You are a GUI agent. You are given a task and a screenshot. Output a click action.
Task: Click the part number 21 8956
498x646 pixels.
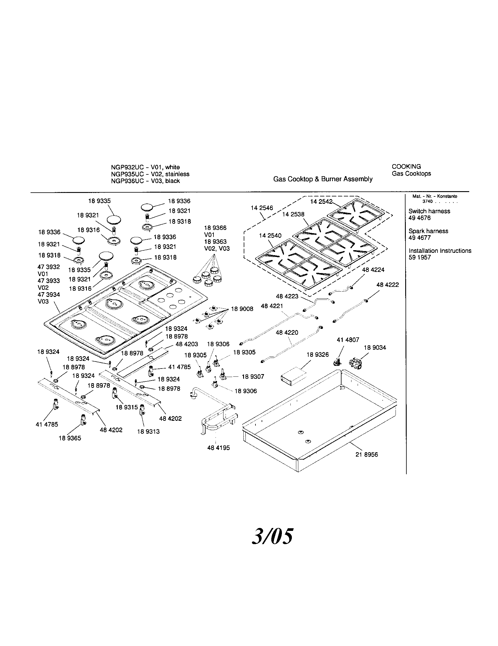[x=366, y=454]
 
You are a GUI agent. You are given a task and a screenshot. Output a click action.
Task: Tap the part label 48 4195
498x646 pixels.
[x=218, y=448]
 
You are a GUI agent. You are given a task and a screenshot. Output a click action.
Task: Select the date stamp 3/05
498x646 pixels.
[x=273, y=536]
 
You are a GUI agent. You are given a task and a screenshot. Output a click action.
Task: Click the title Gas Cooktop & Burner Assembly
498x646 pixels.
[x=323, y=179]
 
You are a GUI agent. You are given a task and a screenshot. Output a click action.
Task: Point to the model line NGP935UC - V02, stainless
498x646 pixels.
[x=150, y=174]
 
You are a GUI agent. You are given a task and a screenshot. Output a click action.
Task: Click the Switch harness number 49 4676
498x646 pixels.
[x=420, y=218]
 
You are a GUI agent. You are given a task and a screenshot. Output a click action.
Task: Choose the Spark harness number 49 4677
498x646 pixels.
[x=420, y=238]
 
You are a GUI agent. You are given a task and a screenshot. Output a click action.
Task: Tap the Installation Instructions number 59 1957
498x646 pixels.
[x=420, y=257]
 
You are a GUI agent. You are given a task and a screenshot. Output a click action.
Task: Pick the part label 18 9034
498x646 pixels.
[x=375, y=348]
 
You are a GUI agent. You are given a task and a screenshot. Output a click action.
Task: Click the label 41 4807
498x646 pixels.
[x=348, y=340]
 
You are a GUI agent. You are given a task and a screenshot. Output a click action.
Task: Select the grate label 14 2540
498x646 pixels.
[x=270, y=235]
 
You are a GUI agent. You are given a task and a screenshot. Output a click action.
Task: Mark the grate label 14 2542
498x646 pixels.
[x=322, y=201]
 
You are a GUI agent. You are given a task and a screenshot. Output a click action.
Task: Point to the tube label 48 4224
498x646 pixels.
[x=373, y=270]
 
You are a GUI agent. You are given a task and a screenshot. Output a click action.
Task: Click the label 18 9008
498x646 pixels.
[x=242, y=309]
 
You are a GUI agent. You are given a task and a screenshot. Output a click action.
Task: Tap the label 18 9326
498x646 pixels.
[x=318, y=355]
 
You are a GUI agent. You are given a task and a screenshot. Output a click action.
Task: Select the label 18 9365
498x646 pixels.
[x=70, y=438]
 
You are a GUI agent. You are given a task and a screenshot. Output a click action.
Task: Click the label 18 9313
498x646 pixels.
[x=148, y=432]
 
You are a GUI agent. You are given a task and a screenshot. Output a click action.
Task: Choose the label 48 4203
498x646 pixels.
[x=187, y=344]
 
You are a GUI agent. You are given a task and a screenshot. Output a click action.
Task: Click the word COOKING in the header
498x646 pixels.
[x=406, y=166]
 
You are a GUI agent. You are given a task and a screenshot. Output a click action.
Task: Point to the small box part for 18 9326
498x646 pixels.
[x=293, y=376]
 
